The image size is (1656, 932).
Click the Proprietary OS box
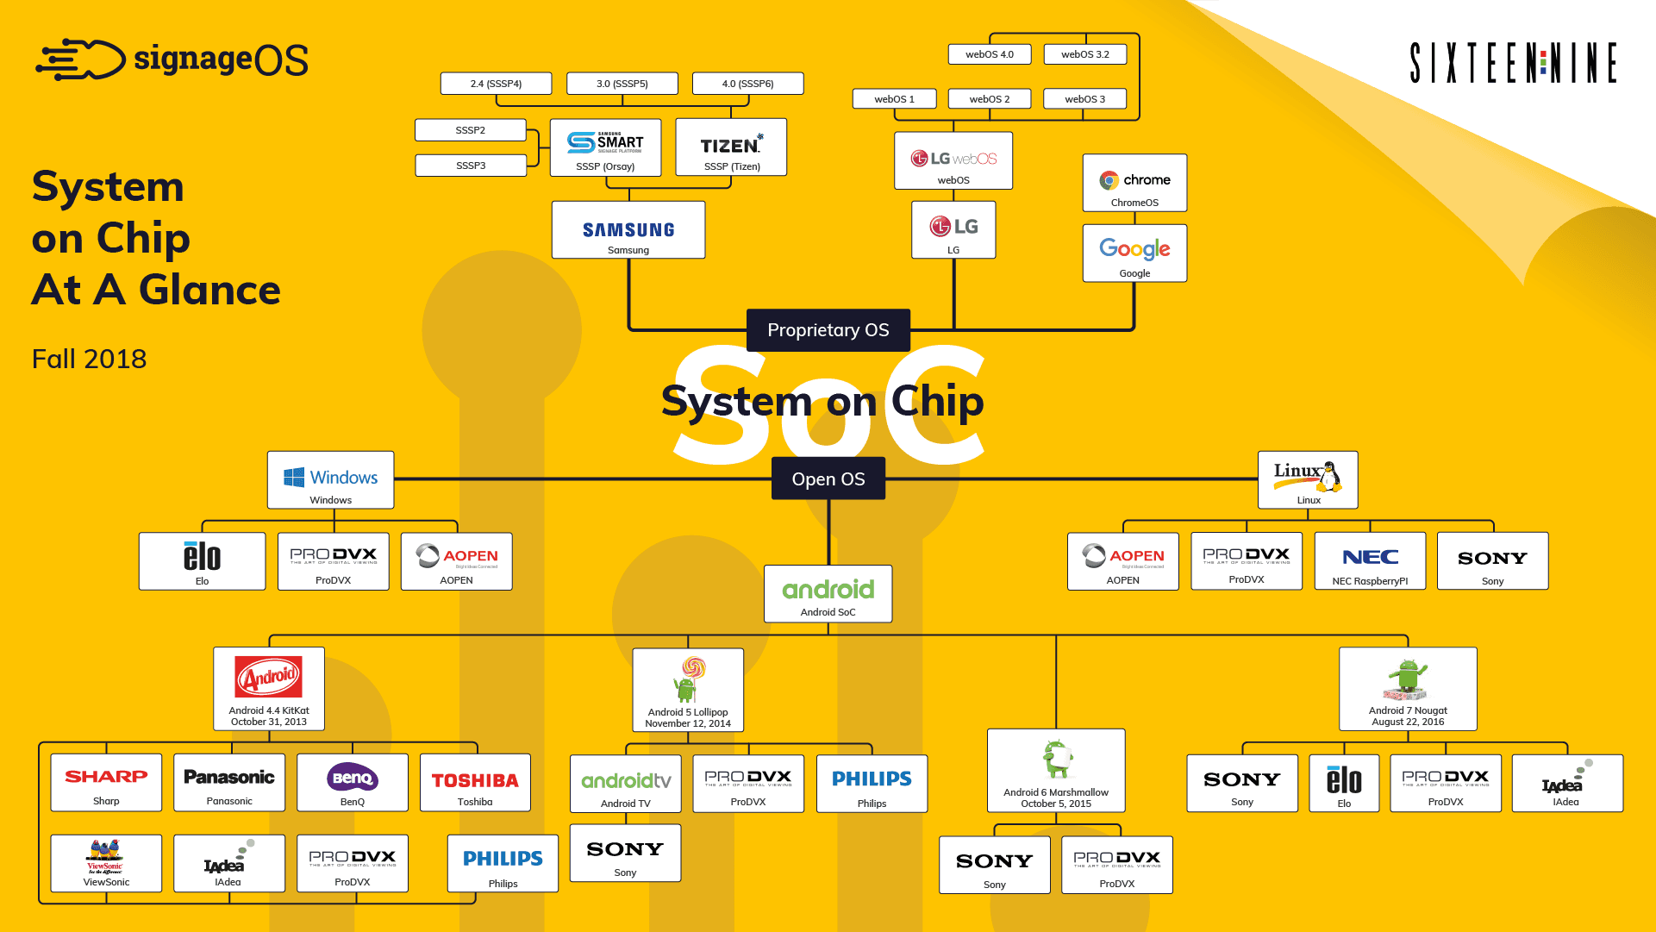(x=828, y=330)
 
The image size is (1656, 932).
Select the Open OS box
(x=828, y=479)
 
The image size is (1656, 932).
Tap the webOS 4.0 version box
(x=989, y=54)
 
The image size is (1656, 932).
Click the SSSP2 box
(x=470, y=130)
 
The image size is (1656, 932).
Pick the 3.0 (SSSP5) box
(x=622, y=84)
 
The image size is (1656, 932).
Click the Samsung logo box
(x=628, y=230)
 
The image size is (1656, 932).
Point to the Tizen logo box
(x=731, y=147)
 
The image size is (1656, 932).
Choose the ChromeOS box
(x=1134, y=183)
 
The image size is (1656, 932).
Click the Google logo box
(x=1134, y=253)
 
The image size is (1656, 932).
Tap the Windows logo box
(x=330, y=480)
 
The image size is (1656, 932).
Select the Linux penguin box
(x=1308, y=480)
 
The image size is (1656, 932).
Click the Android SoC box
(x=828, y=594)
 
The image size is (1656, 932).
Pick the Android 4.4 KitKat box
(x=269, y=689)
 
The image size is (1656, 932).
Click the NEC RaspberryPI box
(x=1370, y=561)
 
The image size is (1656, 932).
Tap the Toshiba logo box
(x=475, y=783)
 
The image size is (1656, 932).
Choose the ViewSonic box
(x=106, y=863)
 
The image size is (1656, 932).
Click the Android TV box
(x=625, y=784)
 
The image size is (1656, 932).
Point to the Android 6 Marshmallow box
(x=1056, y=771)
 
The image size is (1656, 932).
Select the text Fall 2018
(x=89, y=359)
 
